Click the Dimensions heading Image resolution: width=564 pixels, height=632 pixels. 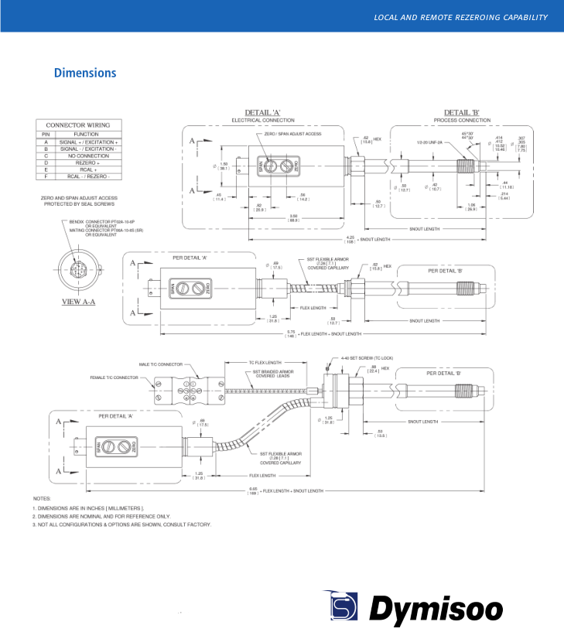click(x=85, y=73)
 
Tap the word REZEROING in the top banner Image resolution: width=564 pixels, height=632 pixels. click(x=465, y=18)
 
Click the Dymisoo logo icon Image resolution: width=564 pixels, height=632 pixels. click(x=340, y=606)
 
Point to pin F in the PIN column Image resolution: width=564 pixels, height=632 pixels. click(x=46, y=176)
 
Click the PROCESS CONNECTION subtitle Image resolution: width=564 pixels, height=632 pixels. click(x=463, y=121)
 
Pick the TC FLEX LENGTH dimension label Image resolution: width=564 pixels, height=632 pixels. click(x=265, y=362)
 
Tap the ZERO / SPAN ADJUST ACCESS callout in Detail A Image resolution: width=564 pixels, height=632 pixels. click(x=281, y=134)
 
